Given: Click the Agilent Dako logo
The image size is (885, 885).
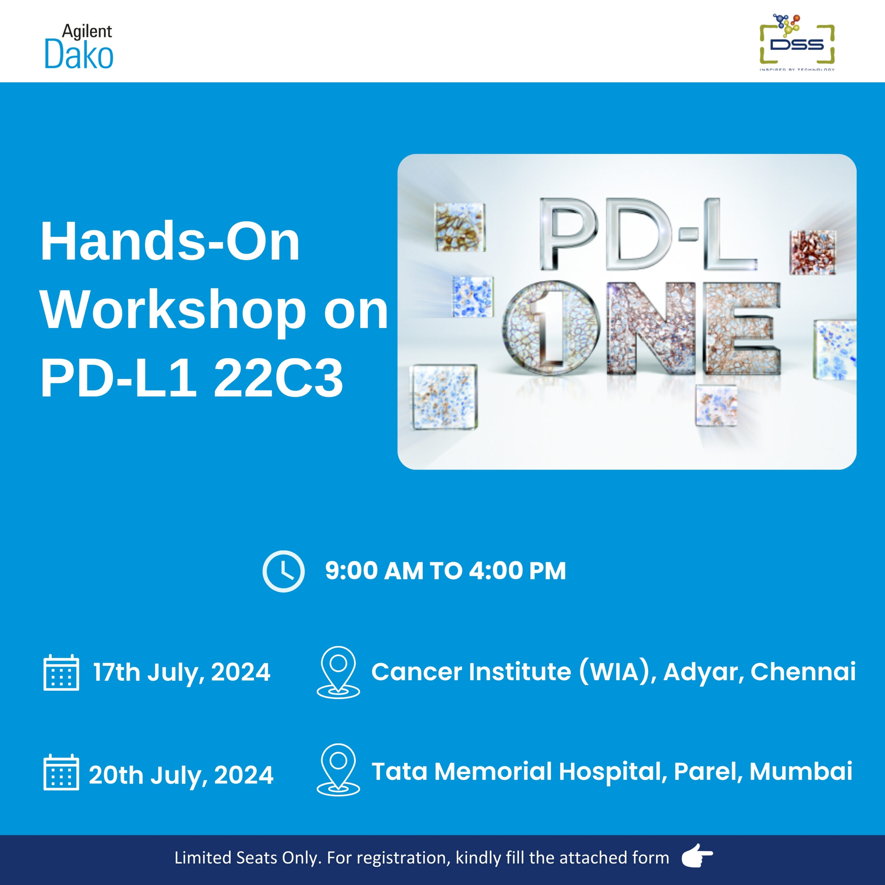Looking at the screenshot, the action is pyautogui.click(x=79, y=46).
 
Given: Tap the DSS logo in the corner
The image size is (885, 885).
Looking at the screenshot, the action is pyautogui.click(x=797, y=43).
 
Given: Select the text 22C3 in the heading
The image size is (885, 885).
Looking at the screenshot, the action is pyautogui.click(x=279, y=378).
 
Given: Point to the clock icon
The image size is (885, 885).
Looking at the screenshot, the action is pyautogui.click(x=283, y=571).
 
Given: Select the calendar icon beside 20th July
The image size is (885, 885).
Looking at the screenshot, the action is pyautogui.click(x=62, y=772).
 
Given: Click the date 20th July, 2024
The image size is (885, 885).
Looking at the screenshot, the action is pyautogui.click(x=181, y=775).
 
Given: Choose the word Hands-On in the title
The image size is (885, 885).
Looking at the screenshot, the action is pyautogui.click(x=170, y=241).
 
